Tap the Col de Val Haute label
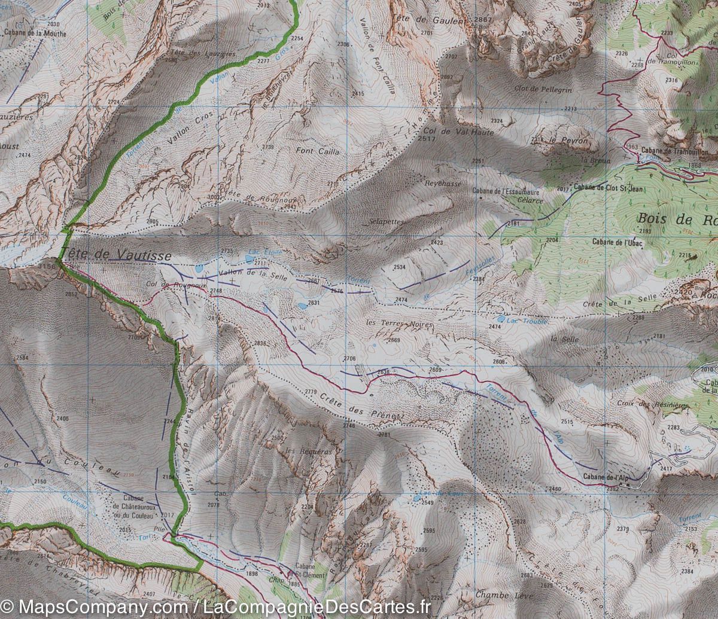click(458, 132)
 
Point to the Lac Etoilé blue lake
click(249, 258)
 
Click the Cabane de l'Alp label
click(604, 477)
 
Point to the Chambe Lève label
click(500, 595)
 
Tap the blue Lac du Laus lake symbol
click(416, 498)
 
